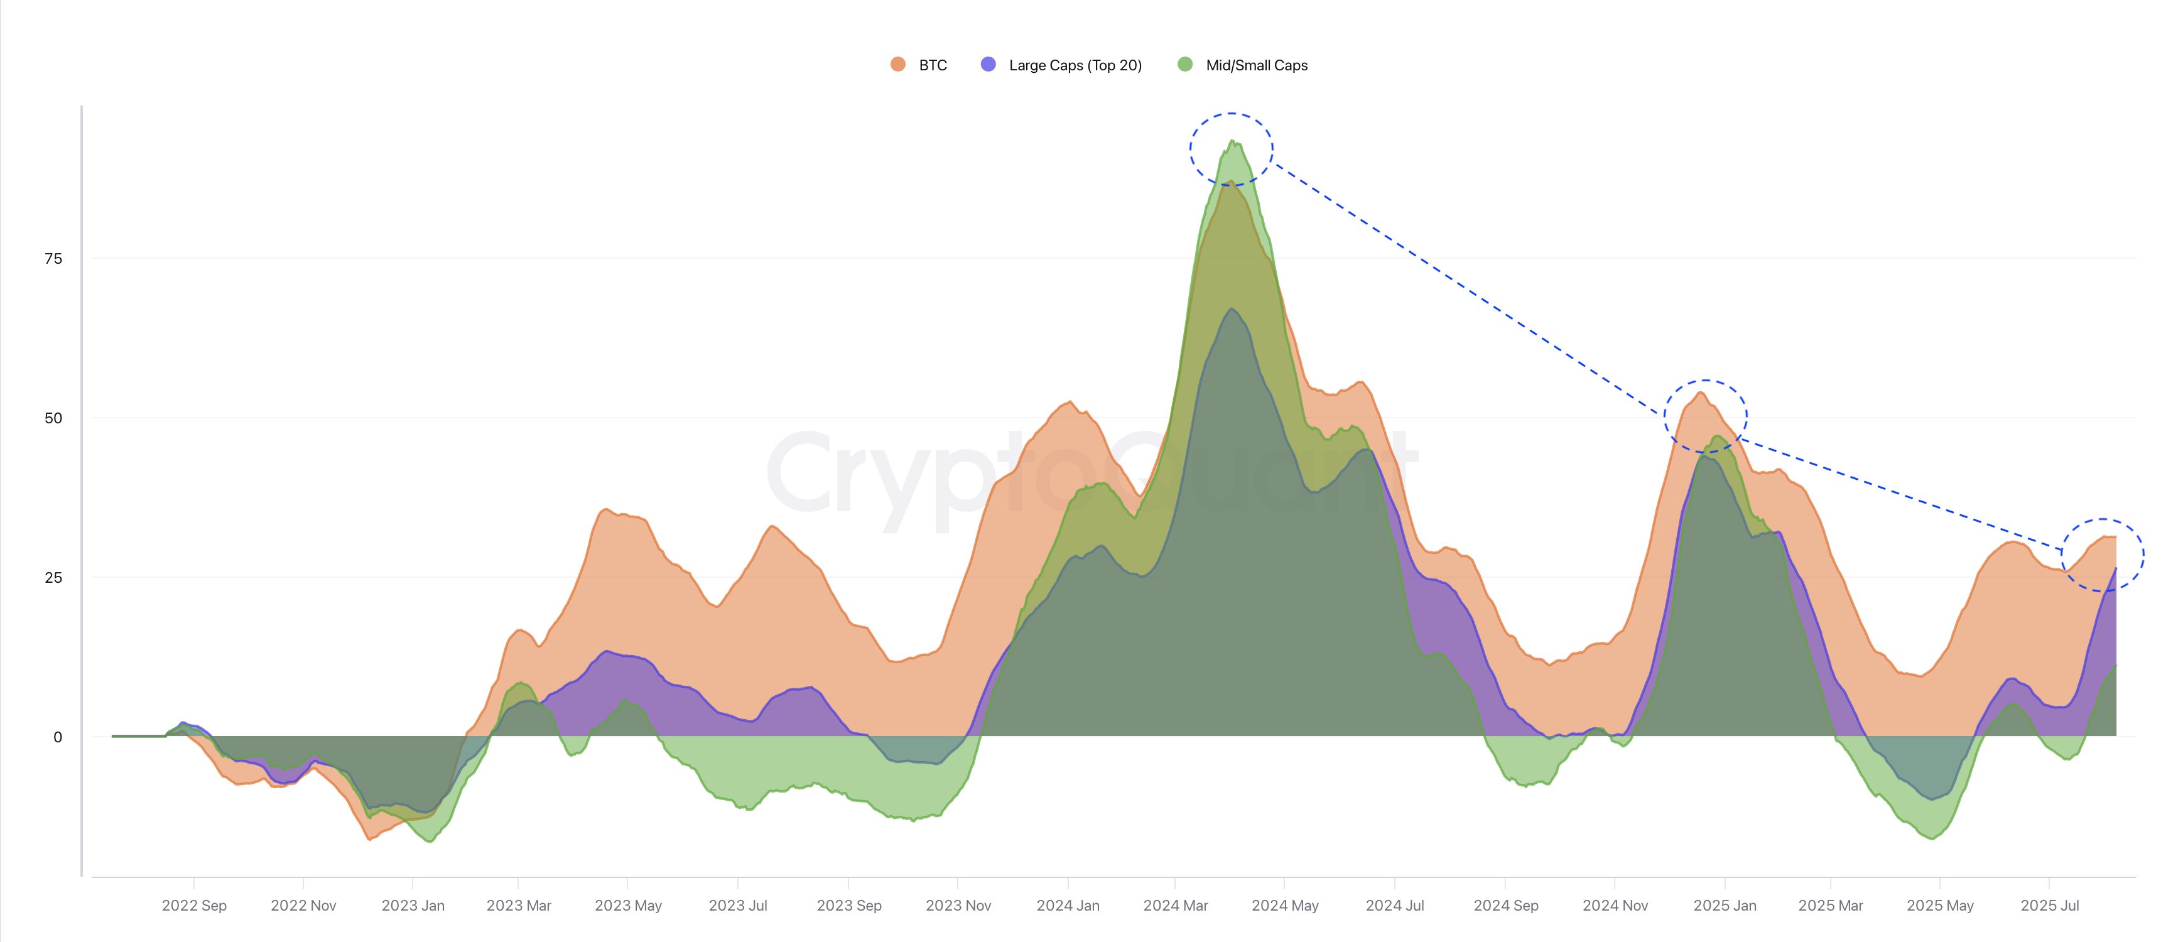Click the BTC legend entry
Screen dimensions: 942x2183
pos(932,65)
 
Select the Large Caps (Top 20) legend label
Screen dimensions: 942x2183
pos(1075,65)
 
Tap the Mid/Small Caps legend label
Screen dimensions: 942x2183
pos(1256,65)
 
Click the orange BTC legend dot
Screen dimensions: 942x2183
pos(898,65)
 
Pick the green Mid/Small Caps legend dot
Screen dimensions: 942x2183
pos(1184,65)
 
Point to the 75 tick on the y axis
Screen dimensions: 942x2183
pos(53,258)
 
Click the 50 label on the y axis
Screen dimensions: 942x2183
pos(53,418)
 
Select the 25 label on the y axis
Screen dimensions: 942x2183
pos(53,578)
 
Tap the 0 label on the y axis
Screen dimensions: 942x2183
pos(58,737)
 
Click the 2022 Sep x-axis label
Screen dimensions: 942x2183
pos(194,905)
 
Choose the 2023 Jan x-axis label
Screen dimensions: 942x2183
pos(413,905)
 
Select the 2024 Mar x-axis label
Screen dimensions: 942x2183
pos(1176,905)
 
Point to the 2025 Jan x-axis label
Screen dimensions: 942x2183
pos(1725,905)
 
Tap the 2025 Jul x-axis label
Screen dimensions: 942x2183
pos(2049,905)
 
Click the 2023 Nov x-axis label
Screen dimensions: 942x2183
pos(958,905)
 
